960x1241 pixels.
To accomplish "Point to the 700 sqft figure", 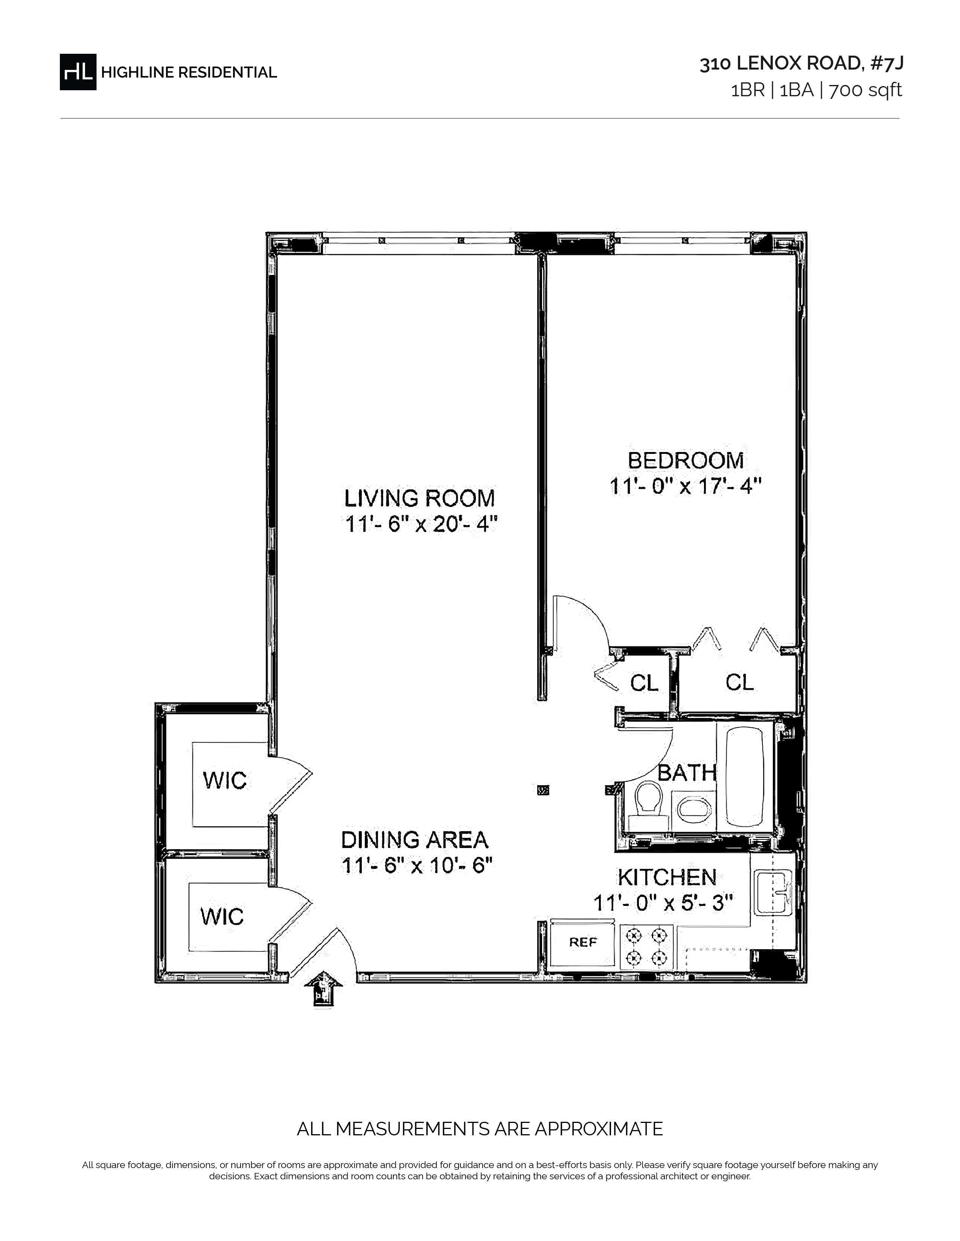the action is pos(865,90).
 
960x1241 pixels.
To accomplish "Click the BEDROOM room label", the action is pos(685,460).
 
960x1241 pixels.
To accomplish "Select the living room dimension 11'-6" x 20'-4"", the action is pos(421,524).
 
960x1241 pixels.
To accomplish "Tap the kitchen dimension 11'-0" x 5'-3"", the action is pos(663,902).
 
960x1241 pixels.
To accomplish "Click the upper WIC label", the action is pos(225,781).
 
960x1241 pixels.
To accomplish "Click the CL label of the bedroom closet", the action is pos(739,682).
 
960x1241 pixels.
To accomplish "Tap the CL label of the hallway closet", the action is pos(645,683).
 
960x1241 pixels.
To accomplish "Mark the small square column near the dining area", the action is pos(544,790).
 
